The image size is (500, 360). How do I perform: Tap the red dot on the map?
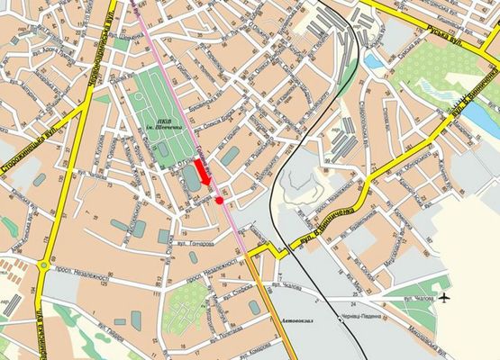coord(219,200)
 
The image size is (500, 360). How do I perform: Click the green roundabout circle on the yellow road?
coord(44,265)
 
